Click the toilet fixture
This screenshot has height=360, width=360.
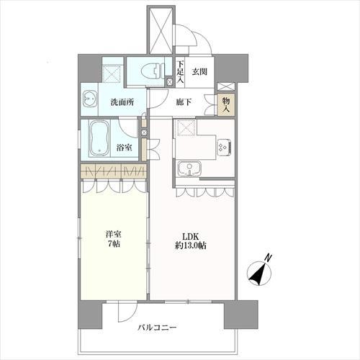pyautogui.click(x=153, y=71)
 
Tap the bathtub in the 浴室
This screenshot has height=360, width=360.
pyautogui.click(x=100, y=138)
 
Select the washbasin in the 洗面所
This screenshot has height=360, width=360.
pyautogui.click(x=90, y=99)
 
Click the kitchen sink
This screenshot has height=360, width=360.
pyautogui.click(x=189, y=168)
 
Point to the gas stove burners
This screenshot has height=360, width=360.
pyautogui.click(x=224, y=147)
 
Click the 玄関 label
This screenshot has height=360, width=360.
pyautogui.click(x=199, y=71)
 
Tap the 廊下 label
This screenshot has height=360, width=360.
pyautogui.click(x=184, y=102)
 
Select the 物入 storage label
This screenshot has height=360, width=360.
pyautogui.click(x=226, y=105)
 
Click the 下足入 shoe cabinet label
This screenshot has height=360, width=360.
pyautogui.click(x=180, y=72)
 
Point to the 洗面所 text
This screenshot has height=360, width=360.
pyautogui.click(x=122, y=102)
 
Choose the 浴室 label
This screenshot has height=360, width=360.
pyautogui.click(x=124, y=148)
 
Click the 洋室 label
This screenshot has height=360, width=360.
pyautogui.click(x=114, y=233)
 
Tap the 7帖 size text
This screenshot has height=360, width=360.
pyautogui.click(x=114, y=244)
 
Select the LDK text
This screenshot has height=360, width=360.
pyautogui.click(x=191, y=236)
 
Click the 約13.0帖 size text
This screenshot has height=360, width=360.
pyautogui.click(x=191, y=246)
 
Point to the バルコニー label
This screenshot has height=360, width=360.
pyautogui.click(x=157, y=328)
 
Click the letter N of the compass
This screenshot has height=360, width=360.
pyautogui.click(x=267, y=258)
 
